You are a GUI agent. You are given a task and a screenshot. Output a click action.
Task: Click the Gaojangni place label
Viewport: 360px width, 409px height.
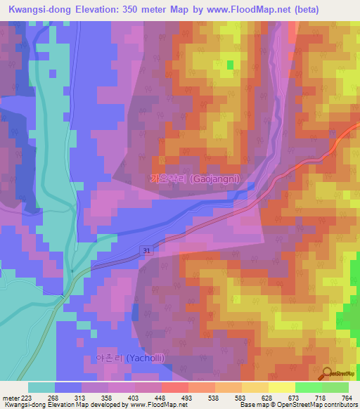(195, 179)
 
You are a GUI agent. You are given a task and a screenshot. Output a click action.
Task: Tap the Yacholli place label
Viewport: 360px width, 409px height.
(127, 358)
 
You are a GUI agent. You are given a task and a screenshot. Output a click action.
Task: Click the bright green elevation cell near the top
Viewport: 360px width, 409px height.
(230, 65)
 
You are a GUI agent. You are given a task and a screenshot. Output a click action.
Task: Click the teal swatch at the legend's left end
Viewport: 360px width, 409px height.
(41, 387)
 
